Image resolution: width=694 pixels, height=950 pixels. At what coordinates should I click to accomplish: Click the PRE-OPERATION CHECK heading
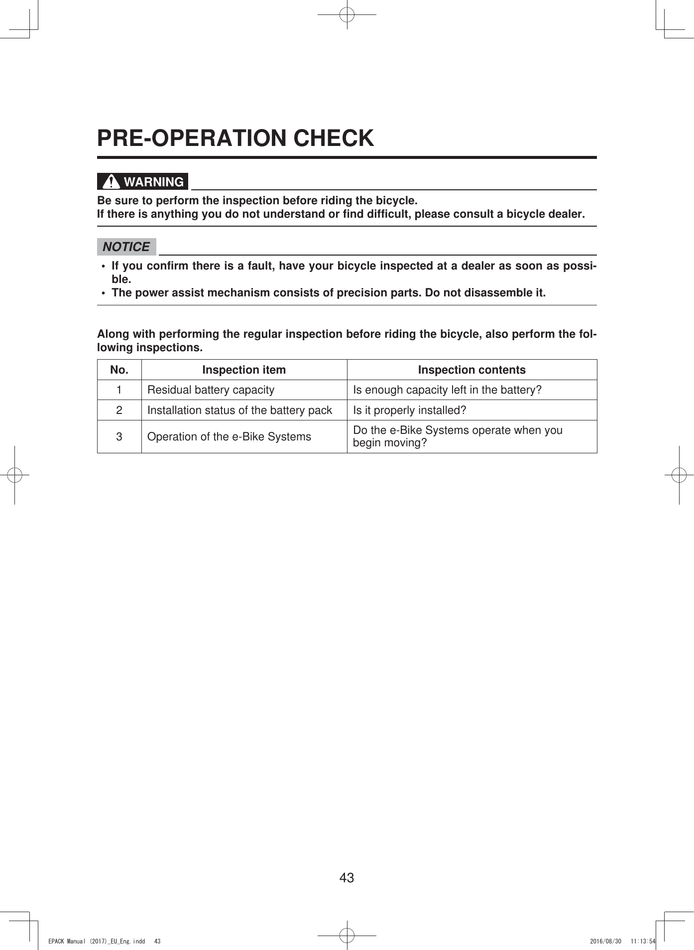coord(235,138)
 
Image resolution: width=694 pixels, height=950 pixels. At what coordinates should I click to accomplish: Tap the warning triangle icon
coord(111,181)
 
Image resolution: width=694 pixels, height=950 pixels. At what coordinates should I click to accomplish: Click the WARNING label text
coord(154,182)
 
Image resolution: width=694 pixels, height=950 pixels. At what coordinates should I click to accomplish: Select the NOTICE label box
coord(126,247)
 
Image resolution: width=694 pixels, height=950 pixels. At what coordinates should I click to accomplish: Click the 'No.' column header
coord(119,370)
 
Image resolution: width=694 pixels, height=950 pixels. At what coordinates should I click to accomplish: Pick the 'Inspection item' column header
coord(244,370)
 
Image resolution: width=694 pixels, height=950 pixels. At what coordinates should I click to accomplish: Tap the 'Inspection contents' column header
coord(471,370)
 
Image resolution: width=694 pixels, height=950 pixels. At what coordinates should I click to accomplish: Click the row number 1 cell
coord(119,390)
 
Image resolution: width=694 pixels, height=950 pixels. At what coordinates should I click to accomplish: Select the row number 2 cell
coord(119,410)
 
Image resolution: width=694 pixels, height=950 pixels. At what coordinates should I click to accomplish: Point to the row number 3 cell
coord(119,436)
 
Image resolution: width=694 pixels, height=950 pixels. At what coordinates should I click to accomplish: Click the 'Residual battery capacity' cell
coord(211,390)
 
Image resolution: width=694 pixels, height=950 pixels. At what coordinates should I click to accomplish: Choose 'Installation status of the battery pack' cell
coord(239,410)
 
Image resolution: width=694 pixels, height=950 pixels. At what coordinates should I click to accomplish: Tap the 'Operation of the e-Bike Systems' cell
coord(229,436)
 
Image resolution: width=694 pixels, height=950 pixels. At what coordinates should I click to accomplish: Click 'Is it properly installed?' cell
coord(409,410)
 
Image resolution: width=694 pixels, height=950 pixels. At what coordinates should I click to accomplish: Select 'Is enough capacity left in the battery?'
coord(447,390)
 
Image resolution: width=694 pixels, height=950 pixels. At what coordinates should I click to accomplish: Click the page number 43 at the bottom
coord(347,877)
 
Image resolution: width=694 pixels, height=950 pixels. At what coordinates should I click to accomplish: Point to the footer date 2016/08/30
coord(605,941)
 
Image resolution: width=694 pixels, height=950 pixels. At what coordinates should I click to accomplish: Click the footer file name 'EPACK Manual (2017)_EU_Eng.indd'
coord(97,941)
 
